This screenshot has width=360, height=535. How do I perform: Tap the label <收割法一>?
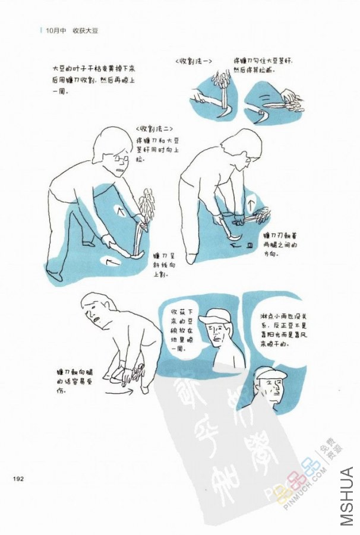(194, 62)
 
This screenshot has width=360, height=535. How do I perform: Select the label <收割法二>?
(153, 128)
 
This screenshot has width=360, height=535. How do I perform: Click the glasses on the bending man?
(122, 159)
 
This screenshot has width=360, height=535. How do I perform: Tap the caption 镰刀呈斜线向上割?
(162, 265)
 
